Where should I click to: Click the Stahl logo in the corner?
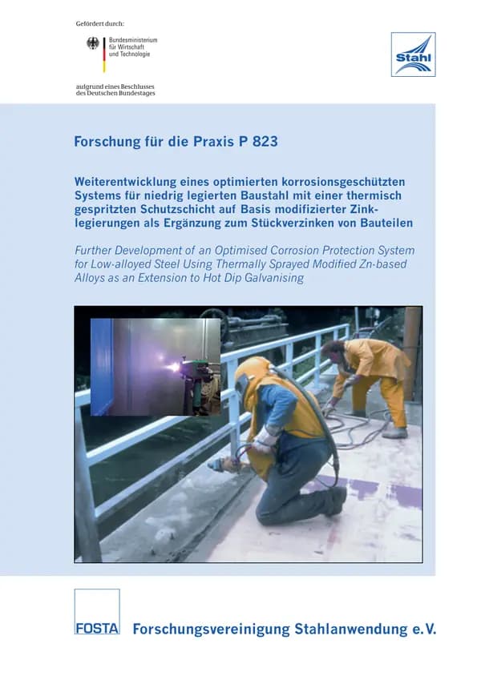tap(414, 54)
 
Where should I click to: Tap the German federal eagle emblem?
tap(93, 43)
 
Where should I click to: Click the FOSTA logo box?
tap(97, 611)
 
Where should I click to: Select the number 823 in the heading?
tap(265, 142)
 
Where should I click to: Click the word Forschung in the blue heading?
tap(107, 142)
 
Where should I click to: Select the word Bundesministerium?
tap(133, 40)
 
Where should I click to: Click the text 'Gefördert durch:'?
tap(100, 24)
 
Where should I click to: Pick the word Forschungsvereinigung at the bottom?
tap(211, 630)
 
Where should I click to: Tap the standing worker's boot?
tap(394, 433)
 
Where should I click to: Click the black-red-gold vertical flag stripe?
tap(104, 54)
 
